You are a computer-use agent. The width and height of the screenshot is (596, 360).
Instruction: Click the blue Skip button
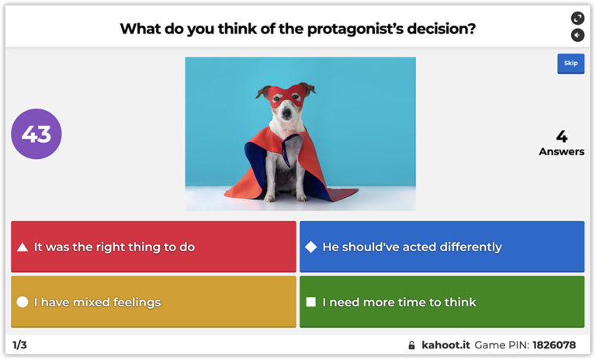(x=570, y=64)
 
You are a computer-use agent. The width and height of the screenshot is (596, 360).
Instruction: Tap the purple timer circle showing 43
(x=36, y=134)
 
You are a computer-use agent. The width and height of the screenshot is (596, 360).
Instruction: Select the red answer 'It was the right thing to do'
(x=154, y=247)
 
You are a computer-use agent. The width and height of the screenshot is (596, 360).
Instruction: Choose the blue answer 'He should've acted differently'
(x=442, y=247)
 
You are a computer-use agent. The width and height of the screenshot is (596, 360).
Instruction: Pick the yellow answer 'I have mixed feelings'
(x=154, y=302)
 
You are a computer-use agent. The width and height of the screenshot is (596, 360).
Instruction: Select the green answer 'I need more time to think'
(x=442, y=302)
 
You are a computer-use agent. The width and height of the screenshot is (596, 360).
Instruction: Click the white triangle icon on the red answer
(x=23, y=247)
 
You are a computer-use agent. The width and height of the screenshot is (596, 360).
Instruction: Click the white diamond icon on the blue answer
(x=310, y=247)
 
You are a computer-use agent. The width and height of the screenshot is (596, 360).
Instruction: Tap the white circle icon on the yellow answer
(x=23, y=302)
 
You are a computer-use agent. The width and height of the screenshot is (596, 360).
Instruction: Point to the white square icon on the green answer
(x=310, y=302)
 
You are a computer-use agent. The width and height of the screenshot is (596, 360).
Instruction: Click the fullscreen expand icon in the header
(x=577, y=18)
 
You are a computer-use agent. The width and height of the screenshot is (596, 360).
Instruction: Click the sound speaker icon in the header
(x=577, y=35)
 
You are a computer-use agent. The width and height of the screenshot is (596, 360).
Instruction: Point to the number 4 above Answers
(x=561, y=137)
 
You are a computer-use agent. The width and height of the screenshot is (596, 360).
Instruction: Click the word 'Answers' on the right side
(x=561, y=151)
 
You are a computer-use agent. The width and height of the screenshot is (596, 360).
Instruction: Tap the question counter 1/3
(x=20, y=344)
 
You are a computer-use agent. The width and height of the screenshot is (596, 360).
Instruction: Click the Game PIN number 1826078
(x=553, y=344)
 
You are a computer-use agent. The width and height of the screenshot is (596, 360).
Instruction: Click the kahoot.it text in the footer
(x=445, y=344)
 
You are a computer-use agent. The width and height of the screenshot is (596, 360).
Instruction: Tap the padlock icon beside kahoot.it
(x=411, y=344)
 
